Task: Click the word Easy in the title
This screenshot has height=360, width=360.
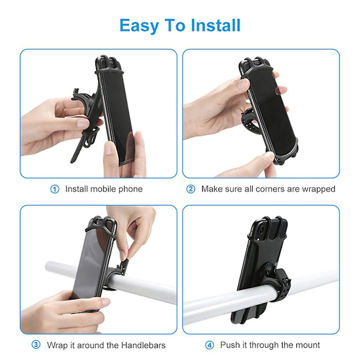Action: (139, 26)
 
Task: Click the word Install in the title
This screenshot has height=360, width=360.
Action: (215, 25)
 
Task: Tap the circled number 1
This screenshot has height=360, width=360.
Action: (55, 189)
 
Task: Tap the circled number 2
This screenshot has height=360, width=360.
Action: (191, 189)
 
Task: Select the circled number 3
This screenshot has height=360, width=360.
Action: (36, 345)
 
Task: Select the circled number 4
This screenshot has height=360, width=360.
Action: (209, 345)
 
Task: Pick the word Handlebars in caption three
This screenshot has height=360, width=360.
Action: (143, 345)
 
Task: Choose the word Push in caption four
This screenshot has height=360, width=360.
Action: (229, 345)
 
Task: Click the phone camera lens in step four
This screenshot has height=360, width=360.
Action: (262, 230)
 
